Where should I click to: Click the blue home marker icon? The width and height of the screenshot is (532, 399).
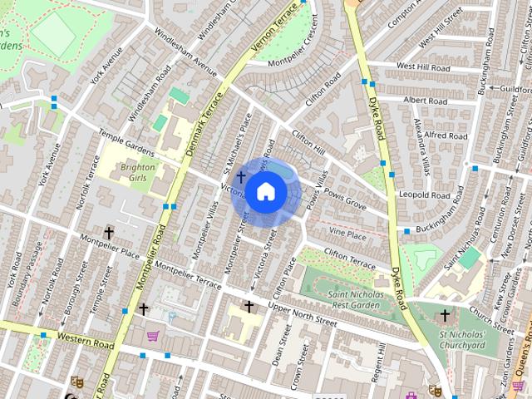(x=265, y=192)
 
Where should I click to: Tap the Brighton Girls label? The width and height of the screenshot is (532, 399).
(x=138, y=172)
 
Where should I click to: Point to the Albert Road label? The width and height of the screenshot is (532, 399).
(x=425, y=100)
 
